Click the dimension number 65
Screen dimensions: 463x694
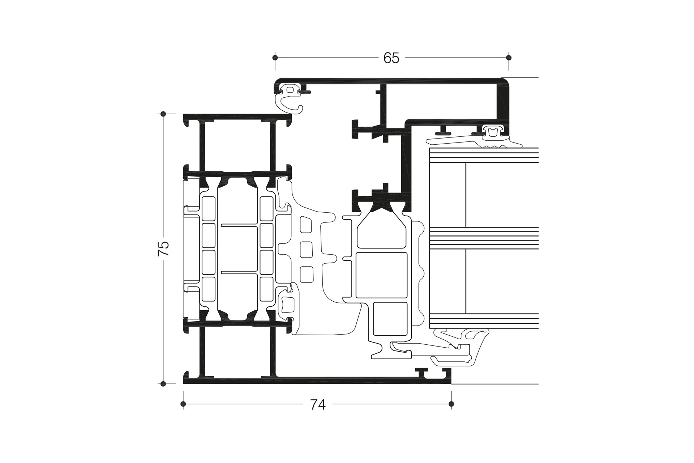coord(391,58)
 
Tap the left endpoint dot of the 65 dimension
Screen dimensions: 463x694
coord(275,58)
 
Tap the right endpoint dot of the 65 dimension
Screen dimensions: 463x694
coord(509,58)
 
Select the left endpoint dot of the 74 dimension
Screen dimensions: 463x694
coord(183,404)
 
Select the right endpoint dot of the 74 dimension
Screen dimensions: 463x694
coord(451,404)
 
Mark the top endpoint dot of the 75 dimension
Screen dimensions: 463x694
coord(163,114)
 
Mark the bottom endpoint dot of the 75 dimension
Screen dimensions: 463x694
coord(163,384)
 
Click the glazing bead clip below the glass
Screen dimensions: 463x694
coord(459,347)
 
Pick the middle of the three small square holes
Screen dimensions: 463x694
coord(306,250)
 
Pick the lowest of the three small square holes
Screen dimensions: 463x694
coord(307,274)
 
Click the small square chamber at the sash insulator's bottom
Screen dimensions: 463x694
coord(390,319)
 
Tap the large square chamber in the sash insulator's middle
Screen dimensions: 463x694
coord(381,275)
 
